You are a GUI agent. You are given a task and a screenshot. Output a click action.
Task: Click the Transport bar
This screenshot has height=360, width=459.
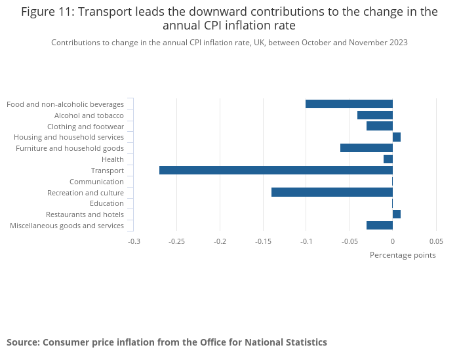275,170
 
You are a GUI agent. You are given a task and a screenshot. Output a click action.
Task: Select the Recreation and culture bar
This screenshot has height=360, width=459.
332,192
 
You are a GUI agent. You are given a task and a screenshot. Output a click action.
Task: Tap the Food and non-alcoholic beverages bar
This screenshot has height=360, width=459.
349,104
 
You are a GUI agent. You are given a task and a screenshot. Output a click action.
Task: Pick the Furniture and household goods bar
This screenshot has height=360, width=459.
367,148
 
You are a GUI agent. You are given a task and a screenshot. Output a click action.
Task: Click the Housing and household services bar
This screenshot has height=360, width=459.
397,137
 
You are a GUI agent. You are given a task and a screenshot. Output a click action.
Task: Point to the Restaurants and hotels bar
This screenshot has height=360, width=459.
397,214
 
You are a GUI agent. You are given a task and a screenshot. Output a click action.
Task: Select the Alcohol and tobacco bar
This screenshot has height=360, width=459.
375,115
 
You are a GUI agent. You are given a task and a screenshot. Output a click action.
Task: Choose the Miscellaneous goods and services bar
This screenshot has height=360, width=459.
380,226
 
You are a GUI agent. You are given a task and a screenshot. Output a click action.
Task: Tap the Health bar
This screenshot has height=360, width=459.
388,159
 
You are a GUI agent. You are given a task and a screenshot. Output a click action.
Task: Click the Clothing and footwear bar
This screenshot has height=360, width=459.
380,126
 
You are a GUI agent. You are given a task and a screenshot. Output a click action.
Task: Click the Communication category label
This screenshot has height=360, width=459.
96,182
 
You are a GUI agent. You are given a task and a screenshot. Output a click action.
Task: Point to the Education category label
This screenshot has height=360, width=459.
106,203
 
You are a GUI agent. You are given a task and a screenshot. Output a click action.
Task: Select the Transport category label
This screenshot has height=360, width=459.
107,170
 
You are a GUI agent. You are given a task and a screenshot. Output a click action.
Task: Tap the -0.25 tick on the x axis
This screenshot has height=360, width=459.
176,241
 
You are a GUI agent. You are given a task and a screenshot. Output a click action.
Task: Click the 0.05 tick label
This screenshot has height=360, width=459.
436,241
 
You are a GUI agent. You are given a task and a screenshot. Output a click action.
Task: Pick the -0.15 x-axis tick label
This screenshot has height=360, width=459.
263,241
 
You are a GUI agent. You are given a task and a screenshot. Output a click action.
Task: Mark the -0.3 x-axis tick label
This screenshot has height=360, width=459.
134,241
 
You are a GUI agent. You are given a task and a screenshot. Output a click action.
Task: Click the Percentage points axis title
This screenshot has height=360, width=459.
403,255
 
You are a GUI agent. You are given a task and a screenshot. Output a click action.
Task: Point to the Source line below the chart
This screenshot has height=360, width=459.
167,342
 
